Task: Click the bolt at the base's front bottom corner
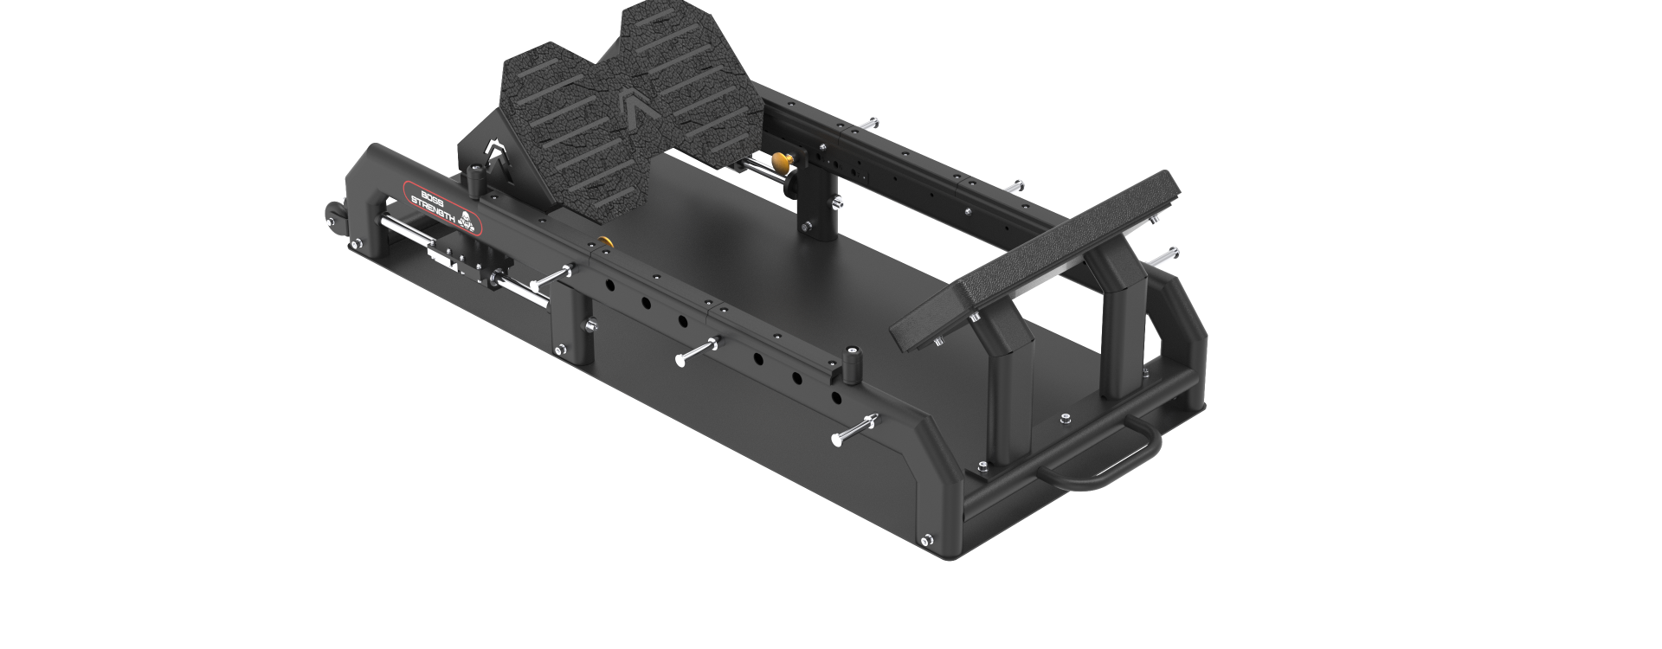click(928, 540)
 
